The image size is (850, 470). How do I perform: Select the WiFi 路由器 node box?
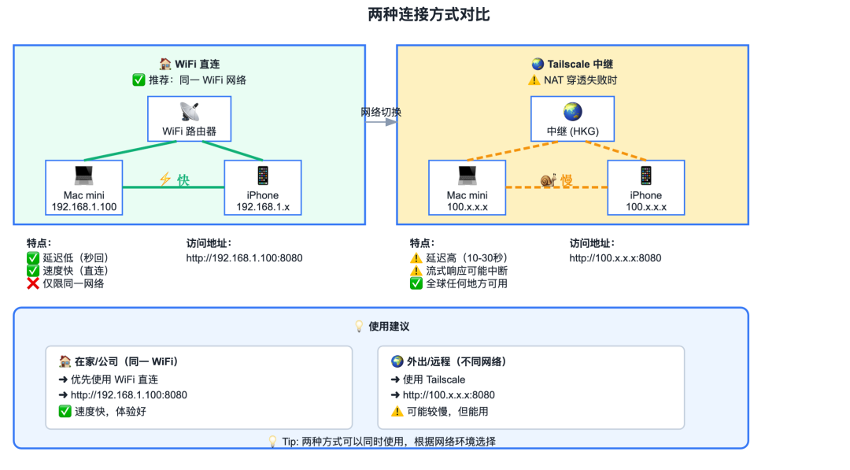tap(189, 119)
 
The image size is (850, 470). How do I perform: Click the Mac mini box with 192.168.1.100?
tap(84, 187)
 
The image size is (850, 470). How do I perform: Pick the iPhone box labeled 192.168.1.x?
tap(263, 187)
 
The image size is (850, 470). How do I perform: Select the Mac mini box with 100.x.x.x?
tap(468, 187)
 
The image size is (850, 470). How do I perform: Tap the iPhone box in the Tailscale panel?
tap(646, 187)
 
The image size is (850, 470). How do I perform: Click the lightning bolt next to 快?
tap(165, 180)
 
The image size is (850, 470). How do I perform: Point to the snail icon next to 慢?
tap(549, 180)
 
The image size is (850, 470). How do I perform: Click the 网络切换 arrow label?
tap(381, 112)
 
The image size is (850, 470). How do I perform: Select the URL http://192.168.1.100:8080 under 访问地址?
tap(244, 257)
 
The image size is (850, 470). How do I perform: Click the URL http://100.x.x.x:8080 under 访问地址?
tap(615, 257)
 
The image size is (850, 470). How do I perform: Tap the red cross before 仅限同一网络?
tap(33, 283)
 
